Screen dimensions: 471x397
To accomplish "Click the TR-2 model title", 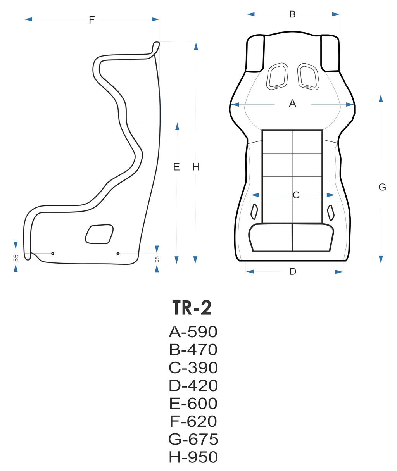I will pos(192,308).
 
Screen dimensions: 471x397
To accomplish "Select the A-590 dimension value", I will pos(193,332).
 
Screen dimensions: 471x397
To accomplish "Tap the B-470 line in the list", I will pos(193,350).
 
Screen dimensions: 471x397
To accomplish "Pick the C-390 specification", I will pos(193,367).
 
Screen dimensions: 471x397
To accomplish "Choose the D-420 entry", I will pos(193,386).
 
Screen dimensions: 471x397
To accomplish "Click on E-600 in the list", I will pos(193,404).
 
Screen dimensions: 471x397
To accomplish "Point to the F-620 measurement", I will pos(193,421).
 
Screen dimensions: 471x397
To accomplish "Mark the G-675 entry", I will pos(193,439).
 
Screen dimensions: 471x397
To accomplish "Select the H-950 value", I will pos(193,457).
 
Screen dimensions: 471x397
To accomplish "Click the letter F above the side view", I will pos(91,20).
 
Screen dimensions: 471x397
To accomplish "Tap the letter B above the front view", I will pos(293,14).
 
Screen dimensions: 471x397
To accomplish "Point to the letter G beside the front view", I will pos(382,187).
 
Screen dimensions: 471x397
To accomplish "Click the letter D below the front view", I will pos(293,272).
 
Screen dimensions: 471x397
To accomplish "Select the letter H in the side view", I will pos(196,167).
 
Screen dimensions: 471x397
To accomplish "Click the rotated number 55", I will pos(16,258).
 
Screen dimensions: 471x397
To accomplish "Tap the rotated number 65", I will pos(157,259).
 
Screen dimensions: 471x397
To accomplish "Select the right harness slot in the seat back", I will pos(308,76).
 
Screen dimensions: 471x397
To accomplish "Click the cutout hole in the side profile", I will pos(99,235).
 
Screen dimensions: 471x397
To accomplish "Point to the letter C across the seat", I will pos(296,195).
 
